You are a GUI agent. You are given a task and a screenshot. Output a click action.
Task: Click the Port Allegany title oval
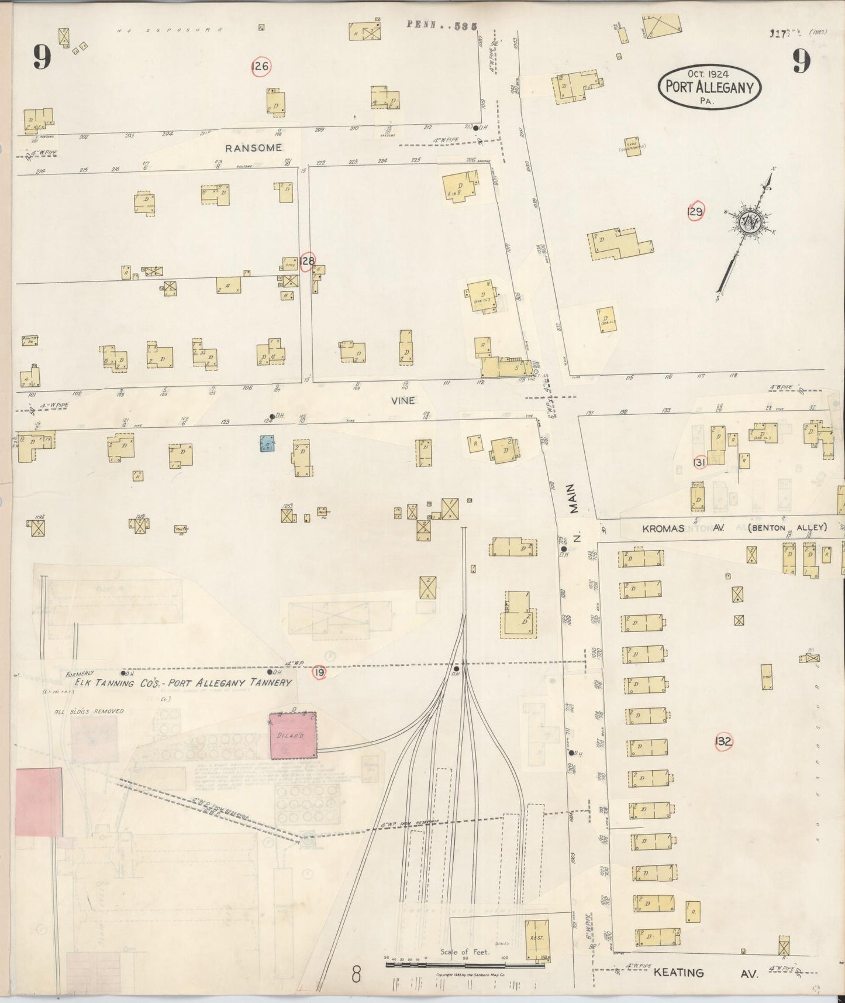[709, 87]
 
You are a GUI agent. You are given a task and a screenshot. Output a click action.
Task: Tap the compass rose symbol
[748, 221]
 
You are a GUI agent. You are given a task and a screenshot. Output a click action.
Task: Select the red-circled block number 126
[260, 67]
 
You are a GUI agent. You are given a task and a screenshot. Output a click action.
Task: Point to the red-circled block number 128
[307, 262]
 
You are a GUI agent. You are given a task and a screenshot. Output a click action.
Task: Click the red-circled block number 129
[695, 211]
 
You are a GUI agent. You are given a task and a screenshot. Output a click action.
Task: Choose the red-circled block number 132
[723, 741]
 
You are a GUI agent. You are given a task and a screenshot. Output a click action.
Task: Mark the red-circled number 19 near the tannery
[319, 672]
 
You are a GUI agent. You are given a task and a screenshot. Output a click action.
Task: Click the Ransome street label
[253, 148]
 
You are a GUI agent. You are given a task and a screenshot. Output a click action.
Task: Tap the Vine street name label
[403, 400]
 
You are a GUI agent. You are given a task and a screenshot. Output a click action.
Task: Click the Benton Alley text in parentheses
[787, 527]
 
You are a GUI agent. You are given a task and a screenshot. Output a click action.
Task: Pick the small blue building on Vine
[267, 444]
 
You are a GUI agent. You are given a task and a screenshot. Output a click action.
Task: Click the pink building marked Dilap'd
[293, 736]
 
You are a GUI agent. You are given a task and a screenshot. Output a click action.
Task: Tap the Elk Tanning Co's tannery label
[182, 682]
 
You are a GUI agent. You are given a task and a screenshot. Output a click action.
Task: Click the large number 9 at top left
[42, 57]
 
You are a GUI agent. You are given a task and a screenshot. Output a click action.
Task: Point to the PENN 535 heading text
[442, 25]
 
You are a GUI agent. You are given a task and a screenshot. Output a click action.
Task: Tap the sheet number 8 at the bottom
[357, 974]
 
